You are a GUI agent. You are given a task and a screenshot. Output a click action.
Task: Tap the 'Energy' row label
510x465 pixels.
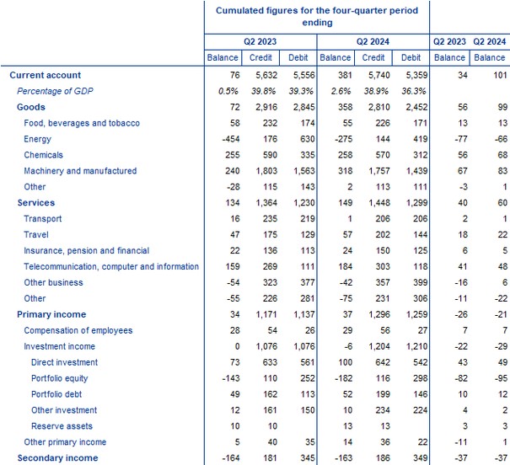tap(39, 139)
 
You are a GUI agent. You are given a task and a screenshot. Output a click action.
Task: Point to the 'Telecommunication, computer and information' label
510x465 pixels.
tap(111, 266)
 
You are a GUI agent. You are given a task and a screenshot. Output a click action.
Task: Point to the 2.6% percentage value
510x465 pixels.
tap(337, 91)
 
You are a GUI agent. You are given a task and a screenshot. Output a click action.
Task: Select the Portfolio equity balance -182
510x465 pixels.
tap(336, 378)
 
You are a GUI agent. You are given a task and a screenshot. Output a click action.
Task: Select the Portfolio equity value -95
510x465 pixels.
tap(491, 378)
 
